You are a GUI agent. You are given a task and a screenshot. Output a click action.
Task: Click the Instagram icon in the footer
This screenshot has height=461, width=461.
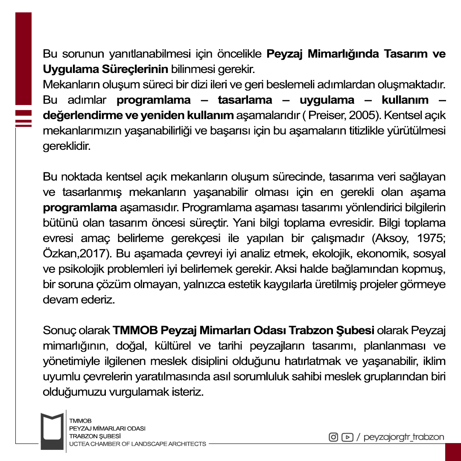click(333, 437)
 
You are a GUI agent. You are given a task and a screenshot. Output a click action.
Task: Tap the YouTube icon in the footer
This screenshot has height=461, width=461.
click(347, 437)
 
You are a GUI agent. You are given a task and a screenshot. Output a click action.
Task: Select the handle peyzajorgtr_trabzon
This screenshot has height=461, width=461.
click(403, 437)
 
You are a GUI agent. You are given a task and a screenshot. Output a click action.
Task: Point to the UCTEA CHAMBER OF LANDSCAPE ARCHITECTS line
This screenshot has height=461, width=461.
click(137, 444)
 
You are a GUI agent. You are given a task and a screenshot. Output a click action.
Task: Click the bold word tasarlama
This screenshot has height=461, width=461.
click(245, 100)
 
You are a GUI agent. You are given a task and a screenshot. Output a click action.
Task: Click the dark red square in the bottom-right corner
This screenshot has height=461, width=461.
click(453, 452)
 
